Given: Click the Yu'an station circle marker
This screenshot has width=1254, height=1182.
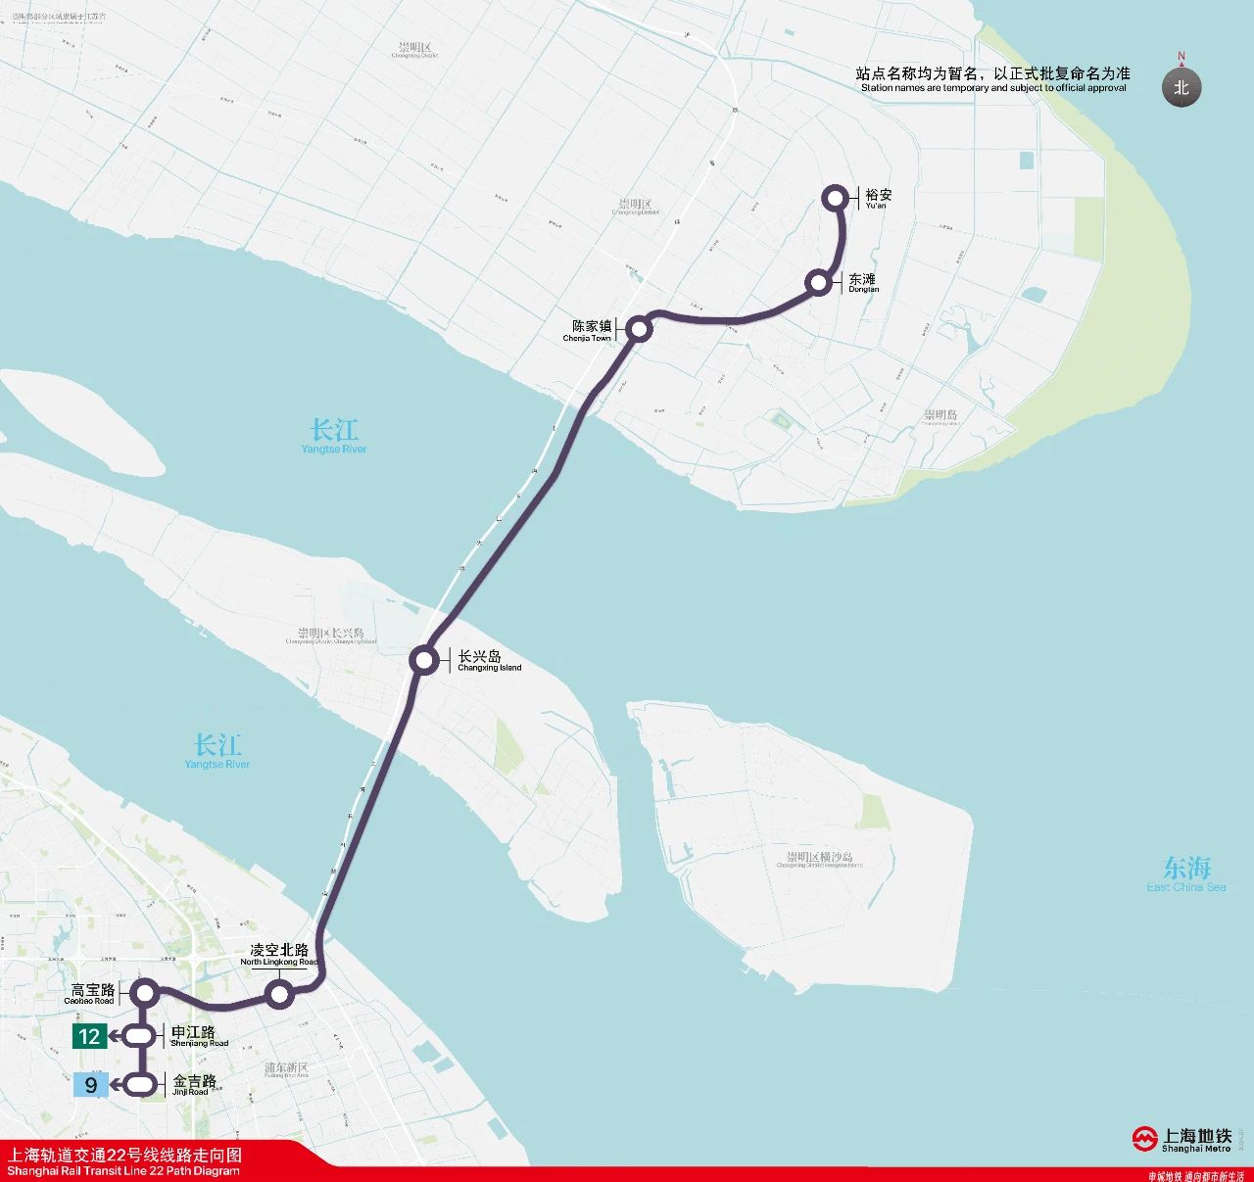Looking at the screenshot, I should (x=836, y=198).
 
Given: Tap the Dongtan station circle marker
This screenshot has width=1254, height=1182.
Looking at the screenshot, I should (x=818, y=283).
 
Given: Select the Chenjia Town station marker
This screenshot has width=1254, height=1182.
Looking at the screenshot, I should (x=639, y=329).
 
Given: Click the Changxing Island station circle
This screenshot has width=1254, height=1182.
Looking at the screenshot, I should (x=424, y=661).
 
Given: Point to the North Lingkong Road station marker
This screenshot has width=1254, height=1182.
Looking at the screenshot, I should (x=280, y=996).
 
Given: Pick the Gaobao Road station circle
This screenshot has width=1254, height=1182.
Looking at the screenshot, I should (x=145, y=993).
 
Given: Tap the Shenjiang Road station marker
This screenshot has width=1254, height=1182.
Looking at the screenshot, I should (x=142, y=1036).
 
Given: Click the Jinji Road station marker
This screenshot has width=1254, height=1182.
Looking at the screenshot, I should (x=141, y=1084).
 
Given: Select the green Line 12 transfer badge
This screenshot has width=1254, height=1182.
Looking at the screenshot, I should (x=90, y=1036).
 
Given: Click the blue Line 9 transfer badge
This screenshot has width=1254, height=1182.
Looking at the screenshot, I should (x=91, y=1084).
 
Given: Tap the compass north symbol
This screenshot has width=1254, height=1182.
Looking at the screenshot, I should (x=1182, y=86).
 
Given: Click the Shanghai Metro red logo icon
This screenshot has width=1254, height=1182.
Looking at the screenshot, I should (x=1145, y=1139).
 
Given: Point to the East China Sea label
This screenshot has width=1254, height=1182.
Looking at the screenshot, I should (x=1186, y=874).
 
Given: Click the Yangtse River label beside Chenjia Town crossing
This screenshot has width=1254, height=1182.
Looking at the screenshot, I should (x=334, y=436).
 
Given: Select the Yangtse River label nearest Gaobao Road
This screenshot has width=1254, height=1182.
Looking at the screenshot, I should (x=217, y=751).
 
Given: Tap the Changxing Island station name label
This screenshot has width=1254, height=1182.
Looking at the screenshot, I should (x=489, y=661).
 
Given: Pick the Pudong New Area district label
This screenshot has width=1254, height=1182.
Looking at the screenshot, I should (x=286, y=1069).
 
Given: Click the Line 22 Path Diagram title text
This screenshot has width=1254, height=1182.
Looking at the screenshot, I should (x=124, y=1162).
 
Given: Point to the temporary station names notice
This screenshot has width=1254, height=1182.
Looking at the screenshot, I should (x=993, y=79).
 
